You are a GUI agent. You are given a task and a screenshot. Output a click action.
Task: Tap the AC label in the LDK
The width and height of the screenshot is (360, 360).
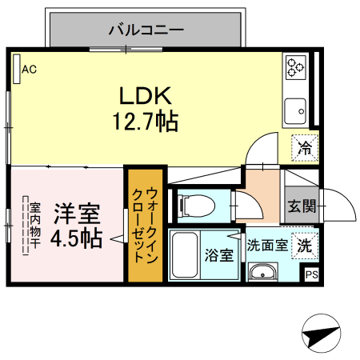(x=29, y=70)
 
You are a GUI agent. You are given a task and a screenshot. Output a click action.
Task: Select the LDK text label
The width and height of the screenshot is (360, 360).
(x=146, y=95)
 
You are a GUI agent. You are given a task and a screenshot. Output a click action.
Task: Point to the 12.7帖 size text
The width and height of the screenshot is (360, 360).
(x=146, y=122)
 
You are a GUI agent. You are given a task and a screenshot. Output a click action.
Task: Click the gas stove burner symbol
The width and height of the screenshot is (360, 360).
(x=296, y=67)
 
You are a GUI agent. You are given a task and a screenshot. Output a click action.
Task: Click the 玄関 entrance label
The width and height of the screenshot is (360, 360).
(x=302, y=206)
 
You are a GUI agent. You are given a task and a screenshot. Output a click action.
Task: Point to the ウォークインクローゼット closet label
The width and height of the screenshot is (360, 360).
(x=145, y=225)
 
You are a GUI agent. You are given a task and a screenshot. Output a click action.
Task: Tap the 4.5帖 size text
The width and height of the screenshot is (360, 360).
(x=76, y=238)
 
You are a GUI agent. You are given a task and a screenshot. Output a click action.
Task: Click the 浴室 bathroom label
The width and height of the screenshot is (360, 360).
(x=219, y=256)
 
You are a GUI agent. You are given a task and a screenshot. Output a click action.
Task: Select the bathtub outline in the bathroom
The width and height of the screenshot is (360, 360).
(x=186, y=255)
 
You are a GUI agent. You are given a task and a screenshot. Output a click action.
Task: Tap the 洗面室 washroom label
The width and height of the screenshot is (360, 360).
(x=266, y=246)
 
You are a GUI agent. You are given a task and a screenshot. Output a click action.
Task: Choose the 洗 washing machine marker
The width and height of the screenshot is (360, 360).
(x=305, y=244)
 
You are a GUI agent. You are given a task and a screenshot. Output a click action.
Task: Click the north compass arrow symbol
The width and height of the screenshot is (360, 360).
(x=323, y=334)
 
